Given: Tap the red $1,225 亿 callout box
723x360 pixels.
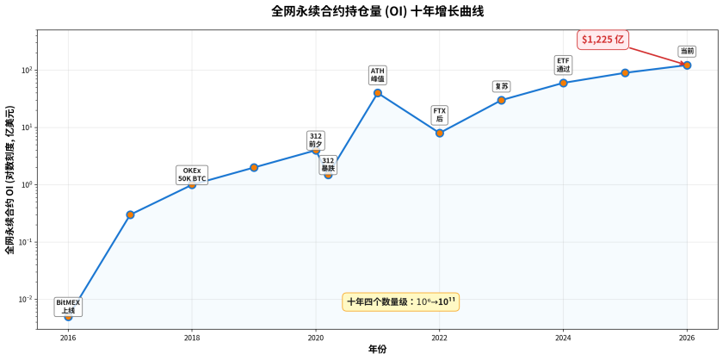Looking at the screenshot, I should click(x=602, y=39).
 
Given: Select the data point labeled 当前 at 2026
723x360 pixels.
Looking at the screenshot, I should click(x=687, y=65).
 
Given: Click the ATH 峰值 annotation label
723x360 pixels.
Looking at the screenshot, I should click(x=378, y=75).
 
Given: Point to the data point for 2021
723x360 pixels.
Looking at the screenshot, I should click(x=378, y=93).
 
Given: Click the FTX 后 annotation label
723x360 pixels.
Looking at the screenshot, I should click(x=439, y=115).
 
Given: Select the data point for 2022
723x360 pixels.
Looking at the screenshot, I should click(x=440, y=133).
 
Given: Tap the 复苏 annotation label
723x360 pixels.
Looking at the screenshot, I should click(x=502, y=86).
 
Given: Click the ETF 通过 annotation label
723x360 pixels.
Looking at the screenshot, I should click(x=563, y=65).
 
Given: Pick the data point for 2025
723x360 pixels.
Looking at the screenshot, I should click(x=625, y=73).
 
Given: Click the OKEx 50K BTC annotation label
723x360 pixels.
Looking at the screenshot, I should click(x=192, y=175).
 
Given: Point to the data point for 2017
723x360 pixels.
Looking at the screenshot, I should click(x=130, y=214).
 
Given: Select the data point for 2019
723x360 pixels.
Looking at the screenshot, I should click(x=254, y=167).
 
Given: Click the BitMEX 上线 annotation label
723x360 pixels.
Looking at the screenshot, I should click(x=68, y=306).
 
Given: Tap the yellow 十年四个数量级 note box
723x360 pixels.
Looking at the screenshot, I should click(x=401, y=301).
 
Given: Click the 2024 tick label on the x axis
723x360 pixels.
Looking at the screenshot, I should click(x=563, y=338).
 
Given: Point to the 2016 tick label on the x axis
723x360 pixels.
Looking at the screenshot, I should click(x=68, y=338).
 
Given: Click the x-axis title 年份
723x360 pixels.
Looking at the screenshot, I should click(x=377, y=350).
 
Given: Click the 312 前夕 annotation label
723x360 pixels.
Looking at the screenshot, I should click(x=315, y=140).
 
